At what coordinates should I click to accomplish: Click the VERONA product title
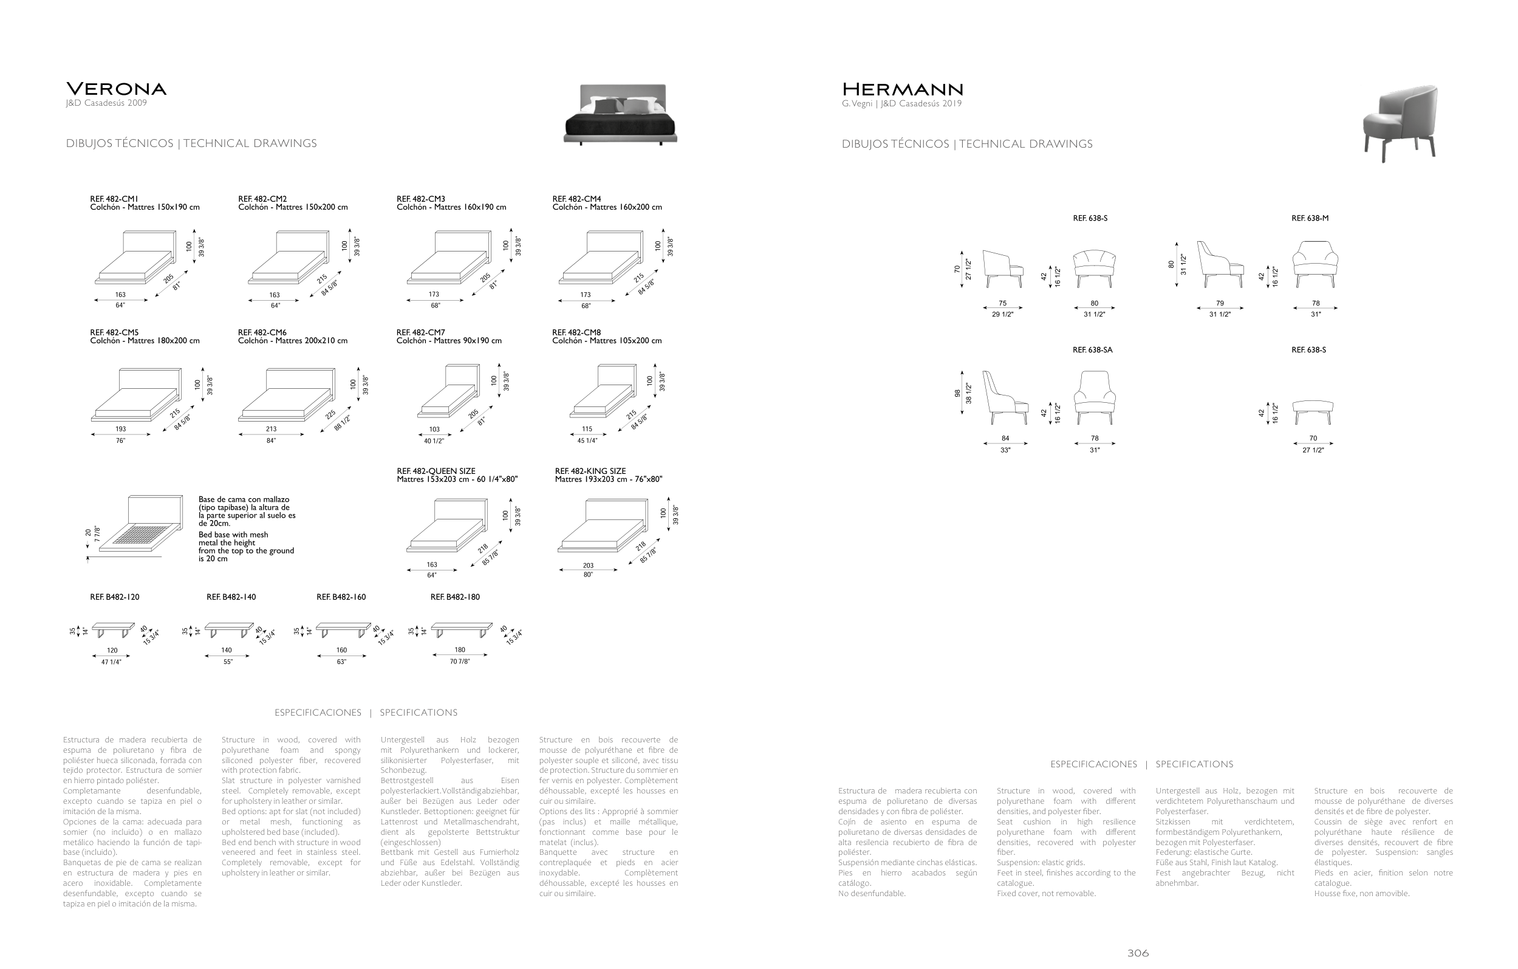[116, 89]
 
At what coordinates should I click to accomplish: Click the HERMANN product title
[902, 89]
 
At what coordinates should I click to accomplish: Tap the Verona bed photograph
[620, 114]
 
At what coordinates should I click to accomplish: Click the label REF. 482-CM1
[114, 199]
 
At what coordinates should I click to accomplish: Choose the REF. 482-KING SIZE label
[590, 471]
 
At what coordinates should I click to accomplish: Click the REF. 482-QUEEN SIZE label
[436, 471]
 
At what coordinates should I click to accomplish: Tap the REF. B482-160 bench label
[341, 597]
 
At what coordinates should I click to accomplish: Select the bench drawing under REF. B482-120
[113, 629]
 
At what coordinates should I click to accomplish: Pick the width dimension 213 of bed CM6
[271, 429]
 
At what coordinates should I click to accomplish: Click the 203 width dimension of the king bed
[587, 566]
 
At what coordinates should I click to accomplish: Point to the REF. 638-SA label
[1092, 350]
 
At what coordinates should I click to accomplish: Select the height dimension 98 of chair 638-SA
[957, 394]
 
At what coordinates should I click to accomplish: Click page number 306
[1138, 953]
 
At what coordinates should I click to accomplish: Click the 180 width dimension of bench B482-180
[460, 650]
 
